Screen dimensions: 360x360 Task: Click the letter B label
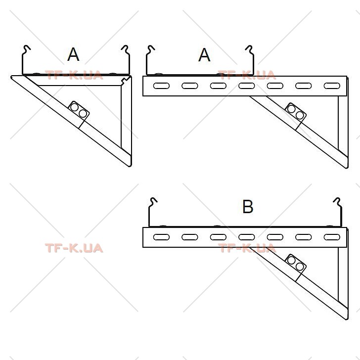(x=248, y=207)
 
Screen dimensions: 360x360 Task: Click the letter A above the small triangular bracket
(x=73, y=54)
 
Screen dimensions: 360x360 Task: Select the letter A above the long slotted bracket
(x=204, y=55)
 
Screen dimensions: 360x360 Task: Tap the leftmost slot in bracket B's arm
(x=161, y=237)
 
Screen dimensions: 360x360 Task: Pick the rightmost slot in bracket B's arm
(x=332, y=237)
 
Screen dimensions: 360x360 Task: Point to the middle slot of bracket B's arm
(x=247, y=237)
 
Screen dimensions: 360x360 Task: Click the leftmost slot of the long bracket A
(x=161, y=86)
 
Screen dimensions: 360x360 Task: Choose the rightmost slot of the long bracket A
(x=332, y=86)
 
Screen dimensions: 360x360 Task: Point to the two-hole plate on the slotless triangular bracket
(x=79, y=110)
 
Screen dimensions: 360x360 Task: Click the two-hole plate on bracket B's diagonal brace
(x=296, y=264)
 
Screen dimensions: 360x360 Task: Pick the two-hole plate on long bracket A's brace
(x=296, y=112)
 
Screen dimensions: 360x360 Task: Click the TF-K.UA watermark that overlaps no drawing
(x=74, y=248)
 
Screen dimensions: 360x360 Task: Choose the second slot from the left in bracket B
(x=190, y=237)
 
